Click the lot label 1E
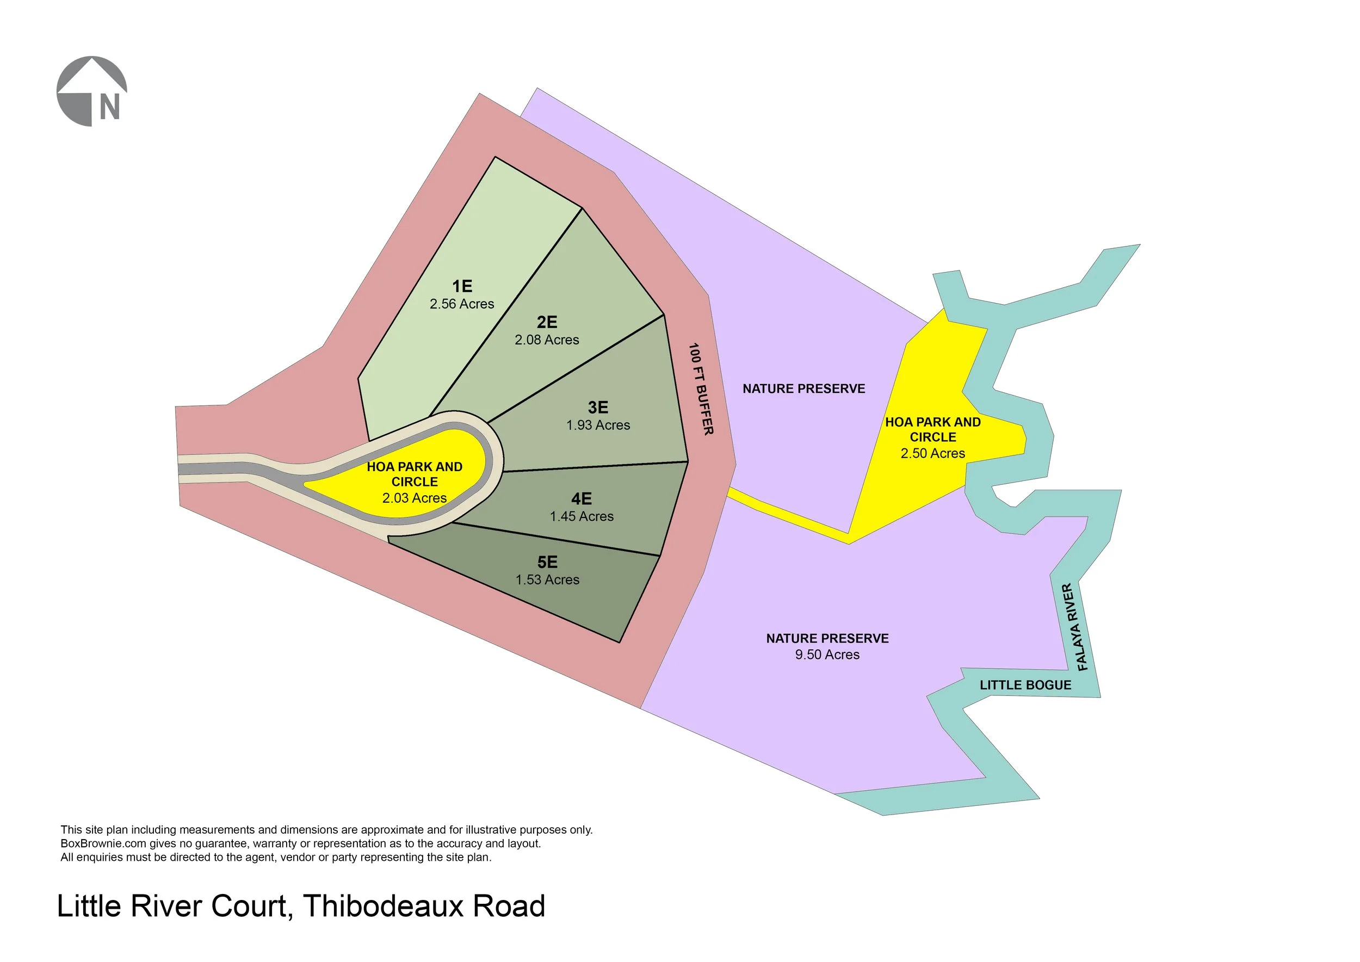[462, 287]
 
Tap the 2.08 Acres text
[547, 340]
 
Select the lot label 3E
[598, 408]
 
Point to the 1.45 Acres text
[581, 516]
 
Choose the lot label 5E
[547, 562]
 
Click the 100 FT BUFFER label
[701, 388]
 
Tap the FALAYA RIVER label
[1075, 627]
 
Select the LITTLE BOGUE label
[1025, 686]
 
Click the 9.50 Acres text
[827, 655]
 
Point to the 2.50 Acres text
[933, 454]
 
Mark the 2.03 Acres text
[414, 498]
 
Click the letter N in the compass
[109, 107]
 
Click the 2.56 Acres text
[461, 304]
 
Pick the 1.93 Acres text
[598, 425]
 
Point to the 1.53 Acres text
[547, 580]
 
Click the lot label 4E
[581, 499]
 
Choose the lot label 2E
[547, 322]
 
